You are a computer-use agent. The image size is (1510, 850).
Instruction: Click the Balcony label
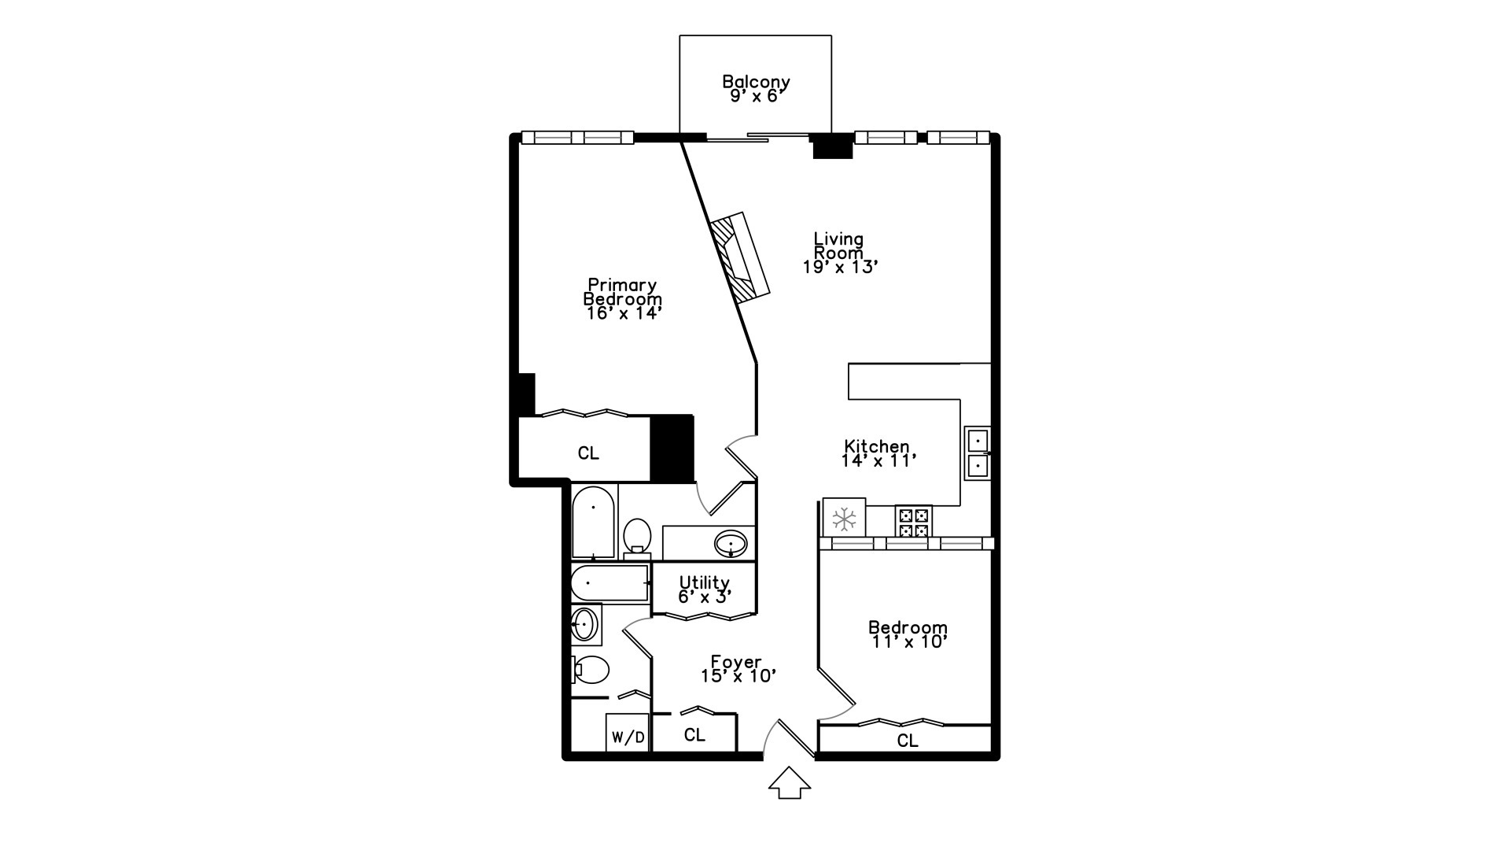click(756, 88)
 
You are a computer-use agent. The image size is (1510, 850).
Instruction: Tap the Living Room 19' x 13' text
click(839, 253)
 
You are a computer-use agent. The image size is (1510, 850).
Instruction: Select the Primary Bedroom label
click(623, 299)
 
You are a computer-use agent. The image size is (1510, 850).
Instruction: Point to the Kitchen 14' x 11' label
click(878, 453)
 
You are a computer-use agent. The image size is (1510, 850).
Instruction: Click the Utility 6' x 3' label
click(705, 589)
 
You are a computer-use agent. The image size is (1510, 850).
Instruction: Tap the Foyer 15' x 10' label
click(738, 668)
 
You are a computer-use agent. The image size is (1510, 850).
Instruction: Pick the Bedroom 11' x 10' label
click(908, 634)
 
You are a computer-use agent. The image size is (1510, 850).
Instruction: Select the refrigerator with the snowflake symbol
click(844, 518)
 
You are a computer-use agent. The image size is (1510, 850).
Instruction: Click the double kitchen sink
click(978, 453)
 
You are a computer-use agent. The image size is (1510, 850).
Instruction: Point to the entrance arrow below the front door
click(789, 784)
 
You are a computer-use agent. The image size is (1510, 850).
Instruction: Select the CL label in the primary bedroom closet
click(588, 453)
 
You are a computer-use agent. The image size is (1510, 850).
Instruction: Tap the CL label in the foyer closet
click(694, 735)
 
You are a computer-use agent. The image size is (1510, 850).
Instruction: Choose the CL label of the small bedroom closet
click(908, 741)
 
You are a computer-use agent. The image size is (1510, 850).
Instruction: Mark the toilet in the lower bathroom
click(591, 671)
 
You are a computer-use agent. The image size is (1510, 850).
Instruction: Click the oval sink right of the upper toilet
click(731, 543)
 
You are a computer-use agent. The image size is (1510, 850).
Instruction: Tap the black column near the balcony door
click(832, 147)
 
